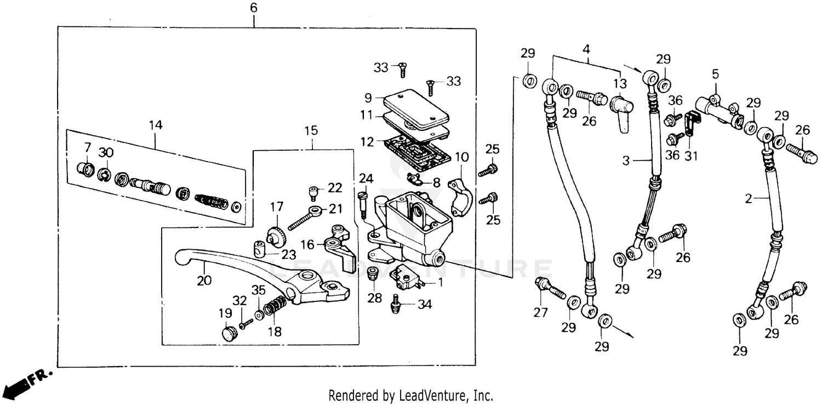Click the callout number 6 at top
click(x=253, y=8)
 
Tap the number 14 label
click(x=155, y=126)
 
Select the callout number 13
click(x=619, y=84)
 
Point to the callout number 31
click(x=691, y=156)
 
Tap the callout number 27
click(x=540, y=313)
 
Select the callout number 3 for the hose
click(x=626, y=161)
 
